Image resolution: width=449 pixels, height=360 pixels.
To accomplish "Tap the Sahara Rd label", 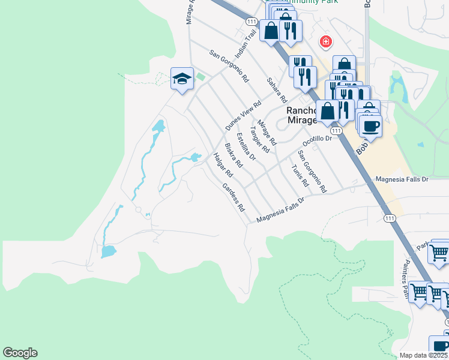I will [x=278, y=89].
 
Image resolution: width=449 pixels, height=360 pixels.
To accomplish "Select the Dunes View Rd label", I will [x=244, y=116].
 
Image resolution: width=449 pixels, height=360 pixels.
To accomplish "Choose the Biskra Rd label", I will [x=233, y=155].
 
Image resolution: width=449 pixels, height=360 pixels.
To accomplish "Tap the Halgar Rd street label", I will [x=222, y=166].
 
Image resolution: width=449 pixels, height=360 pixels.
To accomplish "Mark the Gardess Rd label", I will [x=234, y=197].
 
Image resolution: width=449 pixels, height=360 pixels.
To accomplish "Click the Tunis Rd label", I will [x=300, y=175].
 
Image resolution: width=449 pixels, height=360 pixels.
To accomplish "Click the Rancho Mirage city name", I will [x=301, y=115].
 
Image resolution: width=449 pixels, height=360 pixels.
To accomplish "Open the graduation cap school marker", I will [x=181, y=78].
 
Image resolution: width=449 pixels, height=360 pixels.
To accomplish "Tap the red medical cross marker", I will [x=325, y=41].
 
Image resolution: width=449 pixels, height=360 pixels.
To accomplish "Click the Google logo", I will [x=20, y=353].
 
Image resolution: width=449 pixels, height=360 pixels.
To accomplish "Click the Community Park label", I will [x=306, y=2].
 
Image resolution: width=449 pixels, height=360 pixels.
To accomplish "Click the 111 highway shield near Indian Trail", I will [x=252, y=22].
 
